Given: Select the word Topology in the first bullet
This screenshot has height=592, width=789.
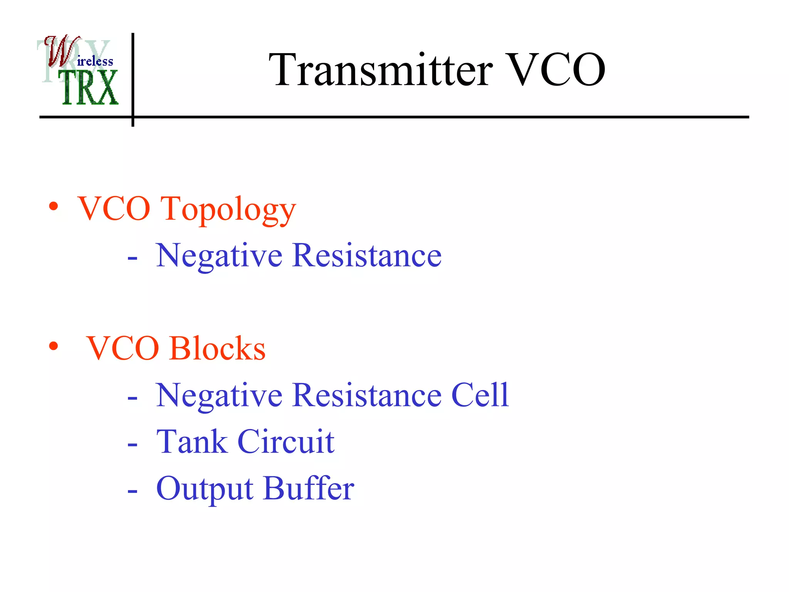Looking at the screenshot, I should click(228, 210).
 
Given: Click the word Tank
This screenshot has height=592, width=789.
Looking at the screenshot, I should click(192, 442).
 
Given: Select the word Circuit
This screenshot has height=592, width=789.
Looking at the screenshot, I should click(286, 442).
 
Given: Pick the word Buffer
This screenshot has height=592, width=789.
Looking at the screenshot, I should click(309, 488).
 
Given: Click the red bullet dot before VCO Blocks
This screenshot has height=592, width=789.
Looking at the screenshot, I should click(54, 346).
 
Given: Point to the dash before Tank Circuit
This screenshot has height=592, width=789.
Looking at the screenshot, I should click(132, 445).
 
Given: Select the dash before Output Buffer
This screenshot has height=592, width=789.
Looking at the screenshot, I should click(132, 492).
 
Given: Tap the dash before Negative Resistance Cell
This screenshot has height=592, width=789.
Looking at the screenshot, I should click(132, 399).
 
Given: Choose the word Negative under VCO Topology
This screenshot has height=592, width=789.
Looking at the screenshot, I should click(219, 256).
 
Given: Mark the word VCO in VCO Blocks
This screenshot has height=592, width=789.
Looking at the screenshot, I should click(123, 348).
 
